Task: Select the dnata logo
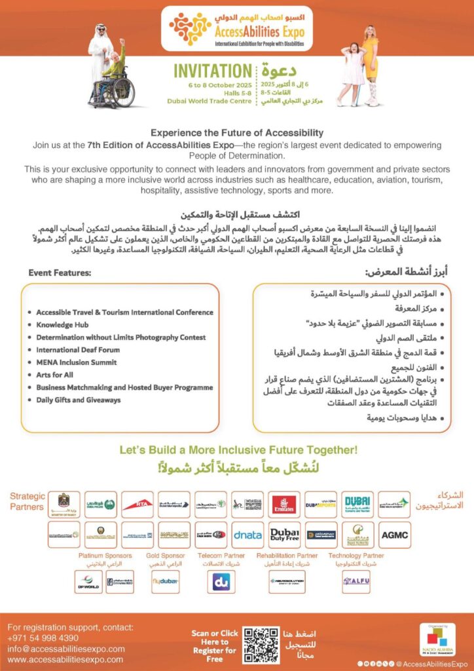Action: coord(247,535)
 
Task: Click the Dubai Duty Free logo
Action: coord(285,535)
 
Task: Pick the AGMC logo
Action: coord(394,535)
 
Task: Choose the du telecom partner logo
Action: coord(221,581)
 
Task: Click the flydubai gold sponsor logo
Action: coord(165,581)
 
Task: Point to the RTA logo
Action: coord(137,504)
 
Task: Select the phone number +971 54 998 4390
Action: coord(43,638)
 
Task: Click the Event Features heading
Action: coord(60,272)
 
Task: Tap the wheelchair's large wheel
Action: coord(122,94)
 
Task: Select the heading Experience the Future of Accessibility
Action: coord(237,133)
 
